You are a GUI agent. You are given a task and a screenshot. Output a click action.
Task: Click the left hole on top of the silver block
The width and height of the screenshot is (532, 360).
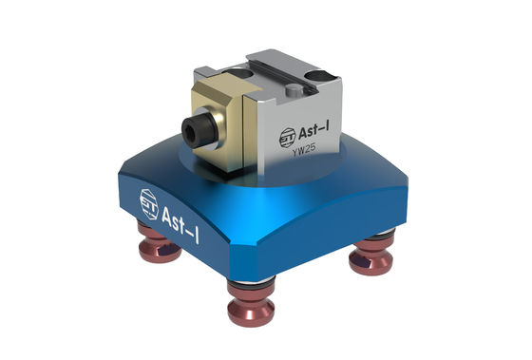pyautogui.click(x=248, y=69)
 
